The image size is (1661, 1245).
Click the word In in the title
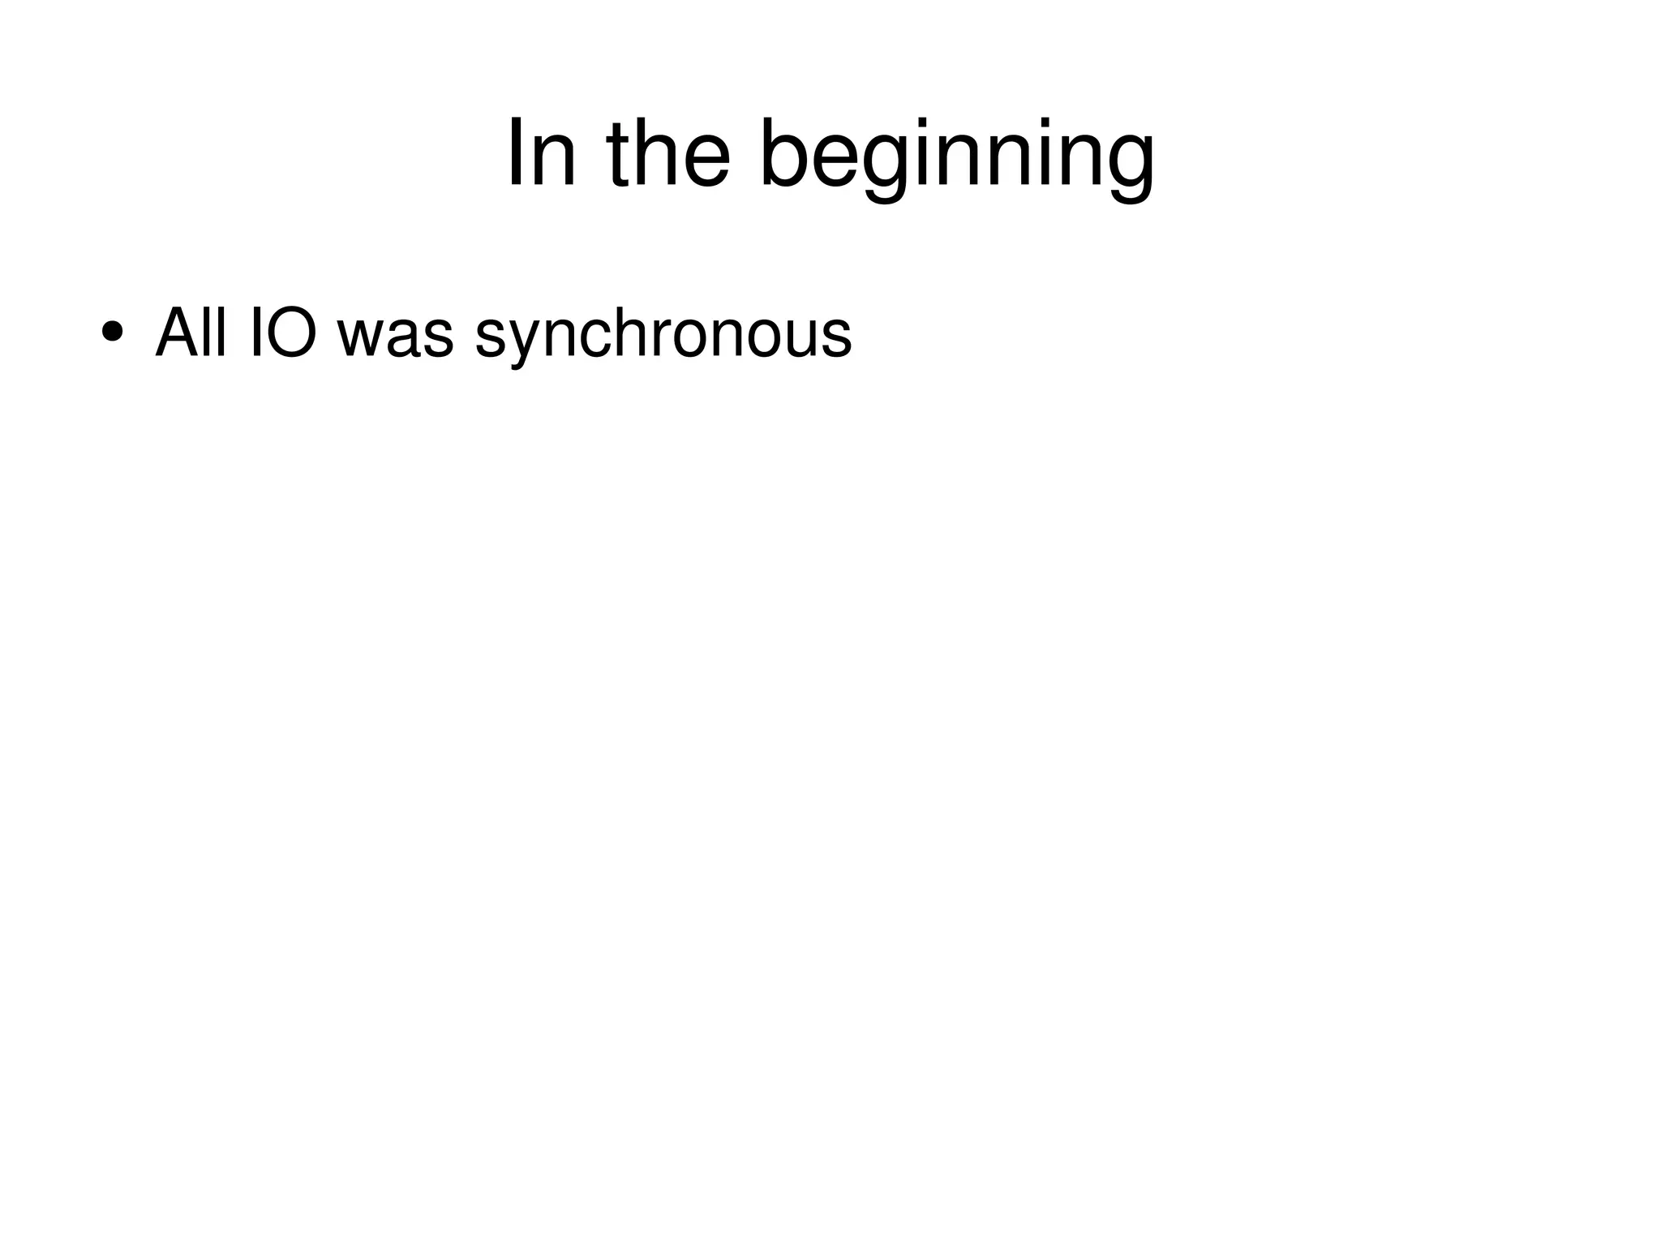click(x=541, y=154)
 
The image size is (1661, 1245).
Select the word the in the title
click(x=667, y=154)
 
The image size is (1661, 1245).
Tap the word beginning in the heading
click(x=956, y=158)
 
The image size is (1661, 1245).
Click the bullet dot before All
click(x=113, y=333)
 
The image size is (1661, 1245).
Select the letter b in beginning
click(x=783, y=154)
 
